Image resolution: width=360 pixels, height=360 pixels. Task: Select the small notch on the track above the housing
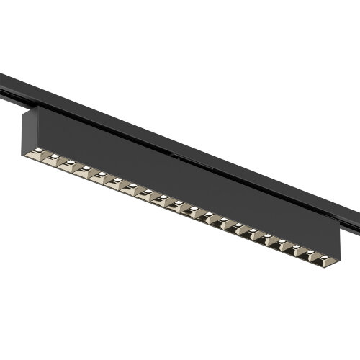(x=173, y=152)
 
